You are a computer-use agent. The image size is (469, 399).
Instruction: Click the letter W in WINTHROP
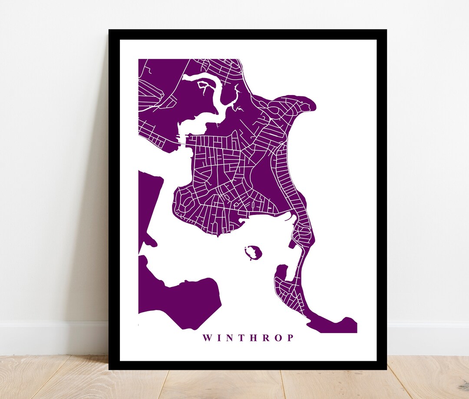pos(207,338)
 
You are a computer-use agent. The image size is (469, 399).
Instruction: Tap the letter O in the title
pos(278,338)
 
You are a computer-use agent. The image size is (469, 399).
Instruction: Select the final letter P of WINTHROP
pos(290,338)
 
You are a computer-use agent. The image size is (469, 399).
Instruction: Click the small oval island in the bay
pos(252,251)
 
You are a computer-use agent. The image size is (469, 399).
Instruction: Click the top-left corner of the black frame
pos(109,30)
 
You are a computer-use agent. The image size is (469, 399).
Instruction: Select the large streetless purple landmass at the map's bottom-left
pos(182,300)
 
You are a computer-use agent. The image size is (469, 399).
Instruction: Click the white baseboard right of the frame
pos(428,333)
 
